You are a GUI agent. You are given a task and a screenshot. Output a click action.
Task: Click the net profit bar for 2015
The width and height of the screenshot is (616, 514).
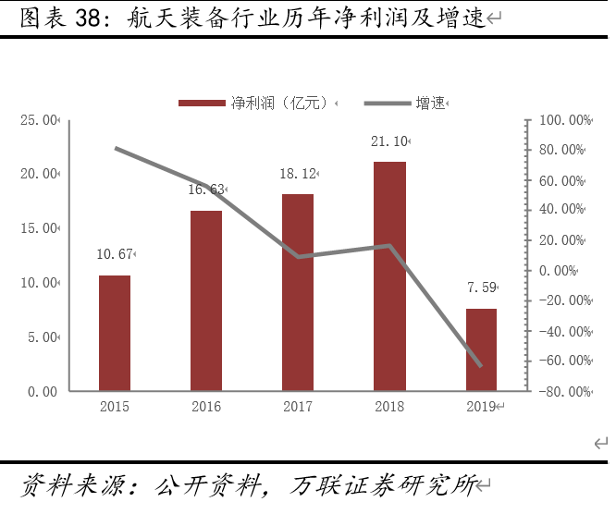(115, 333)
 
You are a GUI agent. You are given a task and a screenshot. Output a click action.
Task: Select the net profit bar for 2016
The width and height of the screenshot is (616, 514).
(206, 300)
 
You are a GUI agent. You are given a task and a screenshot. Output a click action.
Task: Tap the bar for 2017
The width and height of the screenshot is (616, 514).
(298, 292)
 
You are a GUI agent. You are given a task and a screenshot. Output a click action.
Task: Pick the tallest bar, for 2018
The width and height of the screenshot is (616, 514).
(389, 275)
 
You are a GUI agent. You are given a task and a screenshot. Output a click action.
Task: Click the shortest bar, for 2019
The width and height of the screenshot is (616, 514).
(481, 349)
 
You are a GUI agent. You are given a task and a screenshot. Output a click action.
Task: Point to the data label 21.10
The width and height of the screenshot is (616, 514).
(388, 141)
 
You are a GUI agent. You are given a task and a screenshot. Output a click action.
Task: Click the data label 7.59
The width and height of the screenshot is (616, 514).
(480, 288)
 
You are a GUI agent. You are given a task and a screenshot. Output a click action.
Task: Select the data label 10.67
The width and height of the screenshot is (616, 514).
(115, 253)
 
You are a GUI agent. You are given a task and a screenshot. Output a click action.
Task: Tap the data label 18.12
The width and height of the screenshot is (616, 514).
(298, 174)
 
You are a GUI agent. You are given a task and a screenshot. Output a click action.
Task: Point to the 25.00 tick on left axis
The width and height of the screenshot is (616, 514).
(40, 119)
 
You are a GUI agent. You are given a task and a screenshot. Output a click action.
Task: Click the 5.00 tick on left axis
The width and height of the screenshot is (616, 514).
(43, 337)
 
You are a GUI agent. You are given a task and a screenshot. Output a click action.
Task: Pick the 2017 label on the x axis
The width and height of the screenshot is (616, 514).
(298, 408)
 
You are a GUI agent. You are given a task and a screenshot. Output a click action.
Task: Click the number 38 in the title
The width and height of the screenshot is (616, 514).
(79, 19)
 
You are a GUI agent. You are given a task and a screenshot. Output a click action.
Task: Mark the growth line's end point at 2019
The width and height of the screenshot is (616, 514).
(481, 366)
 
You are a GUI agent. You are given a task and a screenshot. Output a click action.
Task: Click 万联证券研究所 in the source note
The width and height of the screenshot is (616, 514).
(383, 485)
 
